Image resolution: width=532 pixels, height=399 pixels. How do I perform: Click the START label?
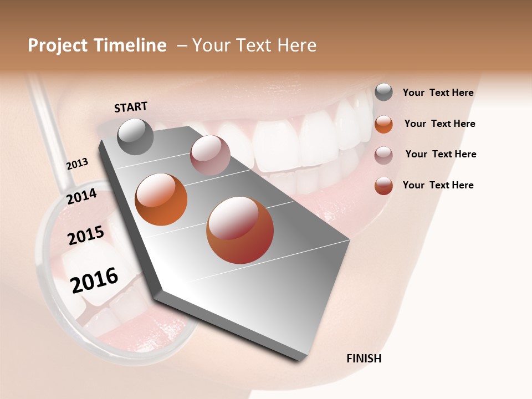[131, 107]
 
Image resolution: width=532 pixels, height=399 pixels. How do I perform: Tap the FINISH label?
[364, 359]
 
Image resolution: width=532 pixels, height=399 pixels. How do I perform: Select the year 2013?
[78, 164]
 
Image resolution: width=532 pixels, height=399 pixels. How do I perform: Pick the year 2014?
[82, 197]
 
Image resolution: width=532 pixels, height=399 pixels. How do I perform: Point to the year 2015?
[86, 236]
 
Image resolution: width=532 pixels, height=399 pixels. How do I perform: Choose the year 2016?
[95, 280]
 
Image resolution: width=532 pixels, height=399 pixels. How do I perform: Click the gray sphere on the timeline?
[135, 136]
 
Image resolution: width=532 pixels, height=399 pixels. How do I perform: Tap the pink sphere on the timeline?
[209, 155]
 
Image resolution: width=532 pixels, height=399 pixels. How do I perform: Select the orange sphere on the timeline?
[161, 199]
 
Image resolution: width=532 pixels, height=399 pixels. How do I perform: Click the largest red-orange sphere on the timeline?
[239, 230]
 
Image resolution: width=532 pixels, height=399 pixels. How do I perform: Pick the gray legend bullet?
[383, 93]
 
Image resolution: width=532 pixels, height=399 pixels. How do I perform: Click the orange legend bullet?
[383, 124]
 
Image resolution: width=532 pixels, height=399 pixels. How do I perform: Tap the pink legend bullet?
[383, 155]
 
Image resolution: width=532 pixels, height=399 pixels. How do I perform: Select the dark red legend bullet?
[383, 186]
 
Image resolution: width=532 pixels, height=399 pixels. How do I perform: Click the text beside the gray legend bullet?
[438, 93]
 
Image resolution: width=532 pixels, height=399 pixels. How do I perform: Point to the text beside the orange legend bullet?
[439, 124]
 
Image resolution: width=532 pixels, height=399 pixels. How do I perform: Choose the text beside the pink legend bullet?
[441, 154]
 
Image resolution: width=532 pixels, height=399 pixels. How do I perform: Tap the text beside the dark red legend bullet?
[438, 185]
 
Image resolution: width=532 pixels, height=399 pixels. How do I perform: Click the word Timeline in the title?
[133, 45]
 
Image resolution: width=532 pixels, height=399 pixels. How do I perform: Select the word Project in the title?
[58, 45]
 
